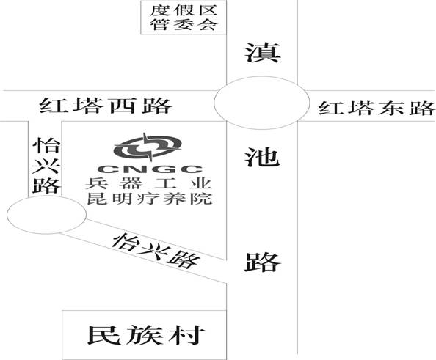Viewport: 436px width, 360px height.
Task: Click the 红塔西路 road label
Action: click(x=106, y=106)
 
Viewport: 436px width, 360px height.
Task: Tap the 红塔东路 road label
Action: click(x=377, y=108)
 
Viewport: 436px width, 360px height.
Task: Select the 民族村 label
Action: click(x=147, y=335)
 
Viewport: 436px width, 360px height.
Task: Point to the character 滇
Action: click(x=262, y=53)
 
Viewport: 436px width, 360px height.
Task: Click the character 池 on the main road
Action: click(x=262, y=157)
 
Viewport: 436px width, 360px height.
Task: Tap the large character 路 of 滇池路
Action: click(x=262, y=262)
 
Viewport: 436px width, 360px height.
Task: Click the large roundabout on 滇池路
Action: click(x=261, y=103)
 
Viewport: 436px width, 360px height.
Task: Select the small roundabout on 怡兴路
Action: click(x=47, y=214)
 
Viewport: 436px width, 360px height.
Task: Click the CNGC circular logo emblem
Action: click(x=148, y=147)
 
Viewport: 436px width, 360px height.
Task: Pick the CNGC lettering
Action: click(x=150, y=169)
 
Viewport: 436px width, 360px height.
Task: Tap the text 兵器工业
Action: click(x=149, y=183)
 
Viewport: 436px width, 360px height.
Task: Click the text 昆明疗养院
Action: click(x=150, y=199)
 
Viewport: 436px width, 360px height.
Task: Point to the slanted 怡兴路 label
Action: click(x=156, y=251)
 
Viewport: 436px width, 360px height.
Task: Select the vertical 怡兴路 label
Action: click(x=46, y=166)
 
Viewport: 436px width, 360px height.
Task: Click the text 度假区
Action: click(x=184, y=10)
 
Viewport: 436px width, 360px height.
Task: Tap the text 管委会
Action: click(x=184, y=24)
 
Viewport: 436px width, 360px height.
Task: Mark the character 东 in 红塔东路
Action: click(x=390, y=108)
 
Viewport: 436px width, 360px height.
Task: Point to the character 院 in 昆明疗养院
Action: click(x=202, y=199)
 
